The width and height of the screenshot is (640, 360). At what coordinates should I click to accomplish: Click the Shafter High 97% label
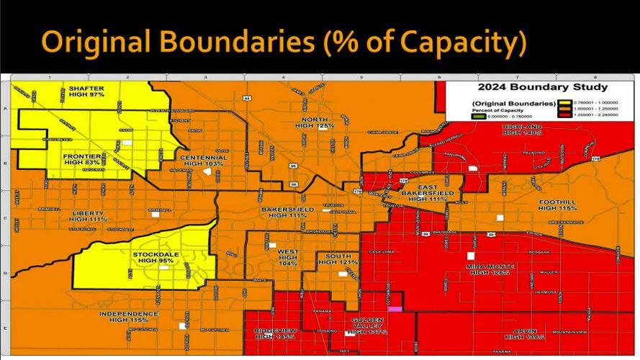click(x=86, y=91)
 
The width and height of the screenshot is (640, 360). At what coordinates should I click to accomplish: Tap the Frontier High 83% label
click(x=82, y=159)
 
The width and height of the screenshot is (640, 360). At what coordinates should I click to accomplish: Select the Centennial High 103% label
click(x=203, y=161)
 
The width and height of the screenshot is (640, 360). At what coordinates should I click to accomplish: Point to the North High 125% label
click(x=315, y=122)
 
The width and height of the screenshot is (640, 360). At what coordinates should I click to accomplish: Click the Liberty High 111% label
click(x=88, y=216)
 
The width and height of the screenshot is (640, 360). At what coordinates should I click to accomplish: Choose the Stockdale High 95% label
click(x=156, y=257)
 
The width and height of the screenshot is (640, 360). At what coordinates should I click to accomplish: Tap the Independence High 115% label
click(x=128, y=317)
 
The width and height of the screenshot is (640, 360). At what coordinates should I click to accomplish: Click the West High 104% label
click(x=287, y=258)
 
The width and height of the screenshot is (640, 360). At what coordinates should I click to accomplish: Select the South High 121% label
click(x=338, y=259)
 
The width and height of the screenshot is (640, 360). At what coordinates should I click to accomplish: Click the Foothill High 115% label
click(x=557, y=204)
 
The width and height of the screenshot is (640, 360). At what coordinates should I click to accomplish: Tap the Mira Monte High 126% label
click(x=490, y=269)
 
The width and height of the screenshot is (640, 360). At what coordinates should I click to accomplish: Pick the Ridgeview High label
click(x=275, y=333)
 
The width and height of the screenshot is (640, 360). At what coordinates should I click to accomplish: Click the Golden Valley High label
click(x=369, y=325)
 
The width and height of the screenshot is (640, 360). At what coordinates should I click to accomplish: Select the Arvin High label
click(x=526, y=333)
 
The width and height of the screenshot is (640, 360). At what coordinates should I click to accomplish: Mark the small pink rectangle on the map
click(x=395, y=308)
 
